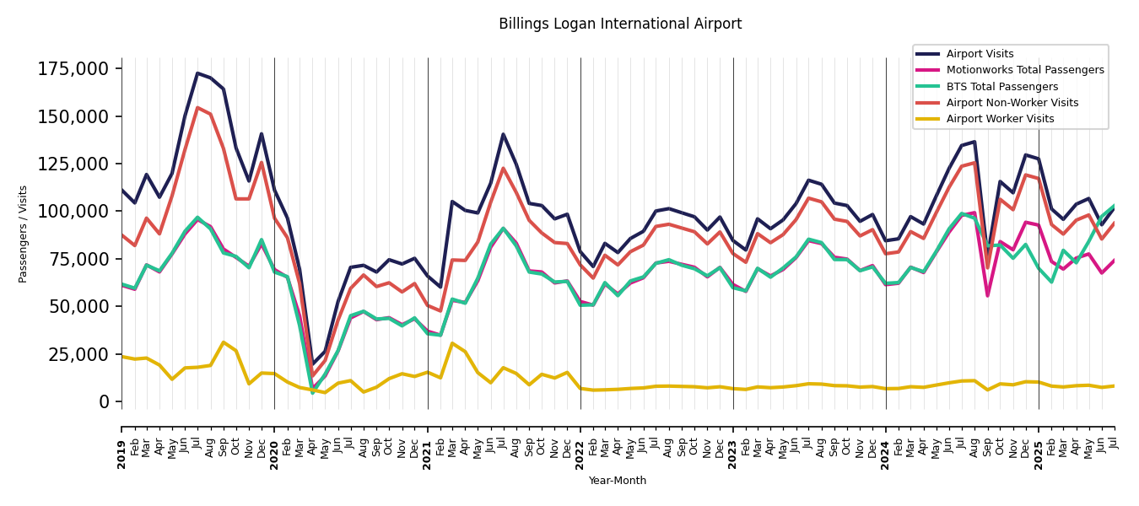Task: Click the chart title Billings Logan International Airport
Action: click(x=620, y=24)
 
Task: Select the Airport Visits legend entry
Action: click(x=980, y=54)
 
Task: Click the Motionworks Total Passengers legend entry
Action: click(x=1024, y=70)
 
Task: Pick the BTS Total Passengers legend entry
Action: click(x=1001, y=87)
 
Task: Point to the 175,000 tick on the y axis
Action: click(x=73, y=69)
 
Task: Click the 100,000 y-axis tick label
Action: click(x=73, y=211)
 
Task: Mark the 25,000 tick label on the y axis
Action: click(x=78, y=354)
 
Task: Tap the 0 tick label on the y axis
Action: click(x=105, y=401)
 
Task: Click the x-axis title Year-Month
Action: click(x=618, y=481)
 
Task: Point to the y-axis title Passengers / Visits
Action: click(x=24, y=234)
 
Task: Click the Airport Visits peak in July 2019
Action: click(x=197, y=73)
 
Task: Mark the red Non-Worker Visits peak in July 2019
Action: click(x=197, y=108)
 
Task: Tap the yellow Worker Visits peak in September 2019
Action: click(x=224, y=342)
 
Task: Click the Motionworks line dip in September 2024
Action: click(x=987, y=295)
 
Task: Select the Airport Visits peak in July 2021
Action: click(x=504, y=134)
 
